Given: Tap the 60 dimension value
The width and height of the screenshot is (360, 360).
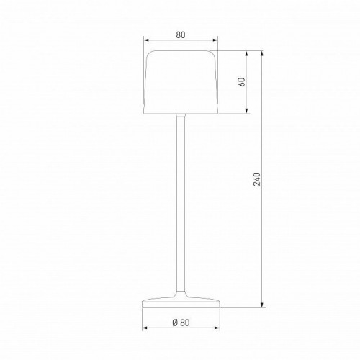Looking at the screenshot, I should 243,81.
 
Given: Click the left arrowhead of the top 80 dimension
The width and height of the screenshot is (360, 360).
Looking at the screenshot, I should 145,40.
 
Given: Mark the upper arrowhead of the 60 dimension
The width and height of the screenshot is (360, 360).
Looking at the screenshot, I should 249,53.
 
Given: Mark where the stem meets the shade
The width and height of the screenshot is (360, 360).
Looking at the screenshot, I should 179,114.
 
